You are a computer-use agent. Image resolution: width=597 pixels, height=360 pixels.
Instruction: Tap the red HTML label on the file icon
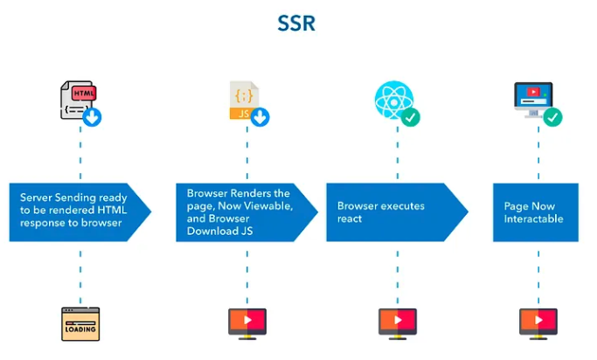coord(84,92)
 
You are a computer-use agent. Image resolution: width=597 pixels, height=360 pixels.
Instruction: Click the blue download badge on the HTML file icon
coord(93,117)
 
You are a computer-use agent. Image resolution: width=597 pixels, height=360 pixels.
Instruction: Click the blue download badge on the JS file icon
coord(260,117)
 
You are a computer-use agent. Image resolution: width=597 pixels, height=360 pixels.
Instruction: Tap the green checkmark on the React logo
coord(410,117)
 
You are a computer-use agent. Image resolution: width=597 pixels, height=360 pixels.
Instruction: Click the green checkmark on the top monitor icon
coord(552,117)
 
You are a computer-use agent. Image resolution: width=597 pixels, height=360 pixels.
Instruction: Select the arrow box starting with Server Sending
coord(79,211)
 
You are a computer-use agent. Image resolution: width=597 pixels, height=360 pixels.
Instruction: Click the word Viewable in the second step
coord(271,205)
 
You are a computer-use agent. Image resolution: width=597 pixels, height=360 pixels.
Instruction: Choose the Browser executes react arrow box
coord(396,211)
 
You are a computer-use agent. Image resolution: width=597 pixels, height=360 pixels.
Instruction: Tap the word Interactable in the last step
coord(533,218)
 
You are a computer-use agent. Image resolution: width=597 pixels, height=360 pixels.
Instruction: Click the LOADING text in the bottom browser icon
coord(80,330)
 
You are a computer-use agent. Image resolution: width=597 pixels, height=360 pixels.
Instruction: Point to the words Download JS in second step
coord(219,232)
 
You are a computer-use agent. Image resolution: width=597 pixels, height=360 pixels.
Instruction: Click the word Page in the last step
coord(516,205)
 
